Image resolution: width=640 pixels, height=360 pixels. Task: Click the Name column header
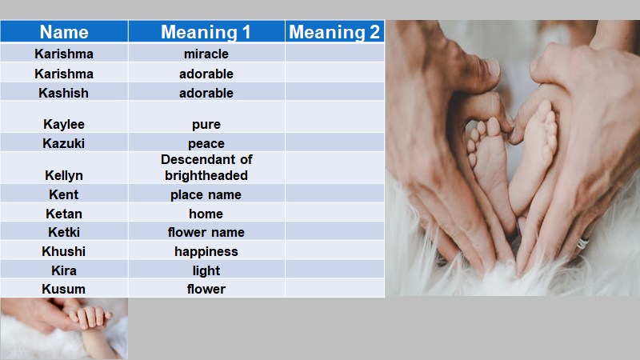(x=64, y=32)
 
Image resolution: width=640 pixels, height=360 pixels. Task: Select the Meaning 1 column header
(x=206, y=32)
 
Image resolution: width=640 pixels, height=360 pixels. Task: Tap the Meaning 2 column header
(x=334, y=32)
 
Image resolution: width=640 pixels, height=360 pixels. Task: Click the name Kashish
(x=64, y=93)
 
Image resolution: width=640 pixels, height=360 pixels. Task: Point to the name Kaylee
(x=64, y=124)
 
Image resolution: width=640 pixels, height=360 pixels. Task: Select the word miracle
(x=206, y=54)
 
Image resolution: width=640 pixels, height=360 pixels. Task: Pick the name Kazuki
(x=64, y=143)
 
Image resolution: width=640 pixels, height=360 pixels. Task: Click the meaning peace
(x=206, y=144)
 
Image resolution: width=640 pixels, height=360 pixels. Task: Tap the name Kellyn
(x=64, y=175)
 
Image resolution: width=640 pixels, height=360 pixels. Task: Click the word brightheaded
(x=206, y=175)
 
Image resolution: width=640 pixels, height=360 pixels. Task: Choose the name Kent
(x=64, y=194)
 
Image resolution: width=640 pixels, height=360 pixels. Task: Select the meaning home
(x=206, y=214)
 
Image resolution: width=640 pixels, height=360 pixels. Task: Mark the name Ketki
(x=64, y=232)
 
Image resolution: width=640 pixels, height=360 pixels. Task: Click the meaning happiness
(x=206, y=251)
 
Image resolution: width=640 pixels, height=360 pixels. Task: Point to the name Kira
(x=64, y=270)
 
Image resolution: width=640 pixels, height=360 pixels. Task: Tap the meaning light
(x=206, y=270)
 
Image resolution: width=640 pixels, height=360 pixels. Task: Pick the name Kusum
(x=64, y=289)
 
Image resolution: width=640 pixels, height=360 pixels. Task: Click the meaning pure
(x=206, y=125)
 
